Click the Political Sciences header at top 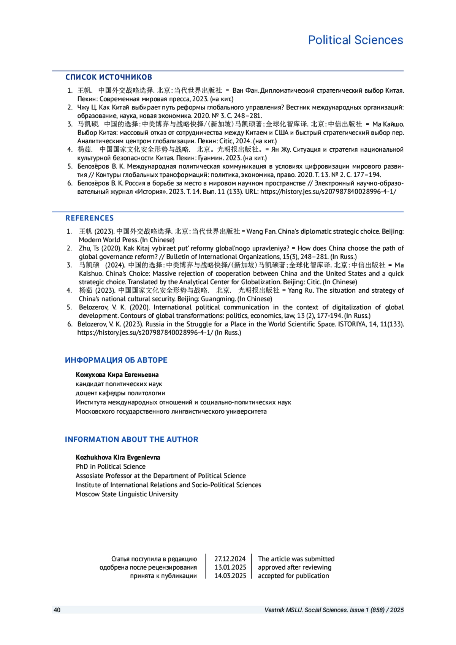point(355,40)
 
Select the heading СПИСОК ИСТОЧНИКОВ point(109,77)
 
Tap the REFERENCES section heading point(89,218)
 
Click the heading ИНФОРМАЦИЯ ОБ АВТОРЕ point(116,360)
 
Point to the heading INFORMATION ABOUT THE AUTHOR point(131,439)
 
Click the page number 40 point(57,610)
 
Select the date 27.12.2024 point(230,559)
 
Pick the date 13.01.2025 point(230,567)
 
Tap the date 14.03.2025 point(230,575)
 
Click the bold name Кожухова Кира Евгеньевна point(117,375)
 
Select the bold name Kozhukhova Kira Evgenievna point(118,457)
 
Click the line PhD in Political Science point(111,466)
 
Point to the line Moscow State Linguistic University point(127,494)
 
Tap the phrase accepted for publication point(293,575)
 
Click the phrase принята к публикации point(163,575)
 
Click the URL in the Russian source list point(328,192)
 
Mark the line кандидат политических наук point(119,384)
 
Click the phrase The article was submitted point(296,559)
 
